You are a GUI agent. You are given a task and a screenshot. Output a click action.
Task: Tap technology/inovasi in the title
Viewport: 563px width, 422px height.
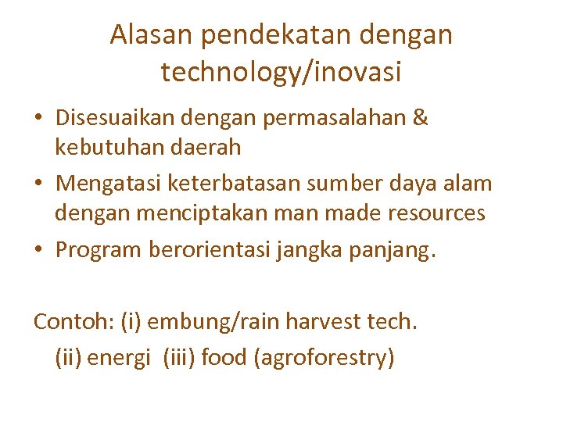click(281, 72)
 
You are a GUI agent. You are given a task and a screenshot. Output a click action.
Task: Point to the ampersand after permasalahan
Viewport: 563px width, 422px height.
click(419, 118)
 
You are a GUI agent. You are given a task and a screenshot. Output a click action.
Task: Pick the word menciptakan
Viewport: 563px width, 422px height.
click(189, 213)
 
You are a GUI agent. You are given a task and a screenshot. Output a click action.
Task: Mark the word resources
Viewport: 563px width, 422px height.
click(434, 213)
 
